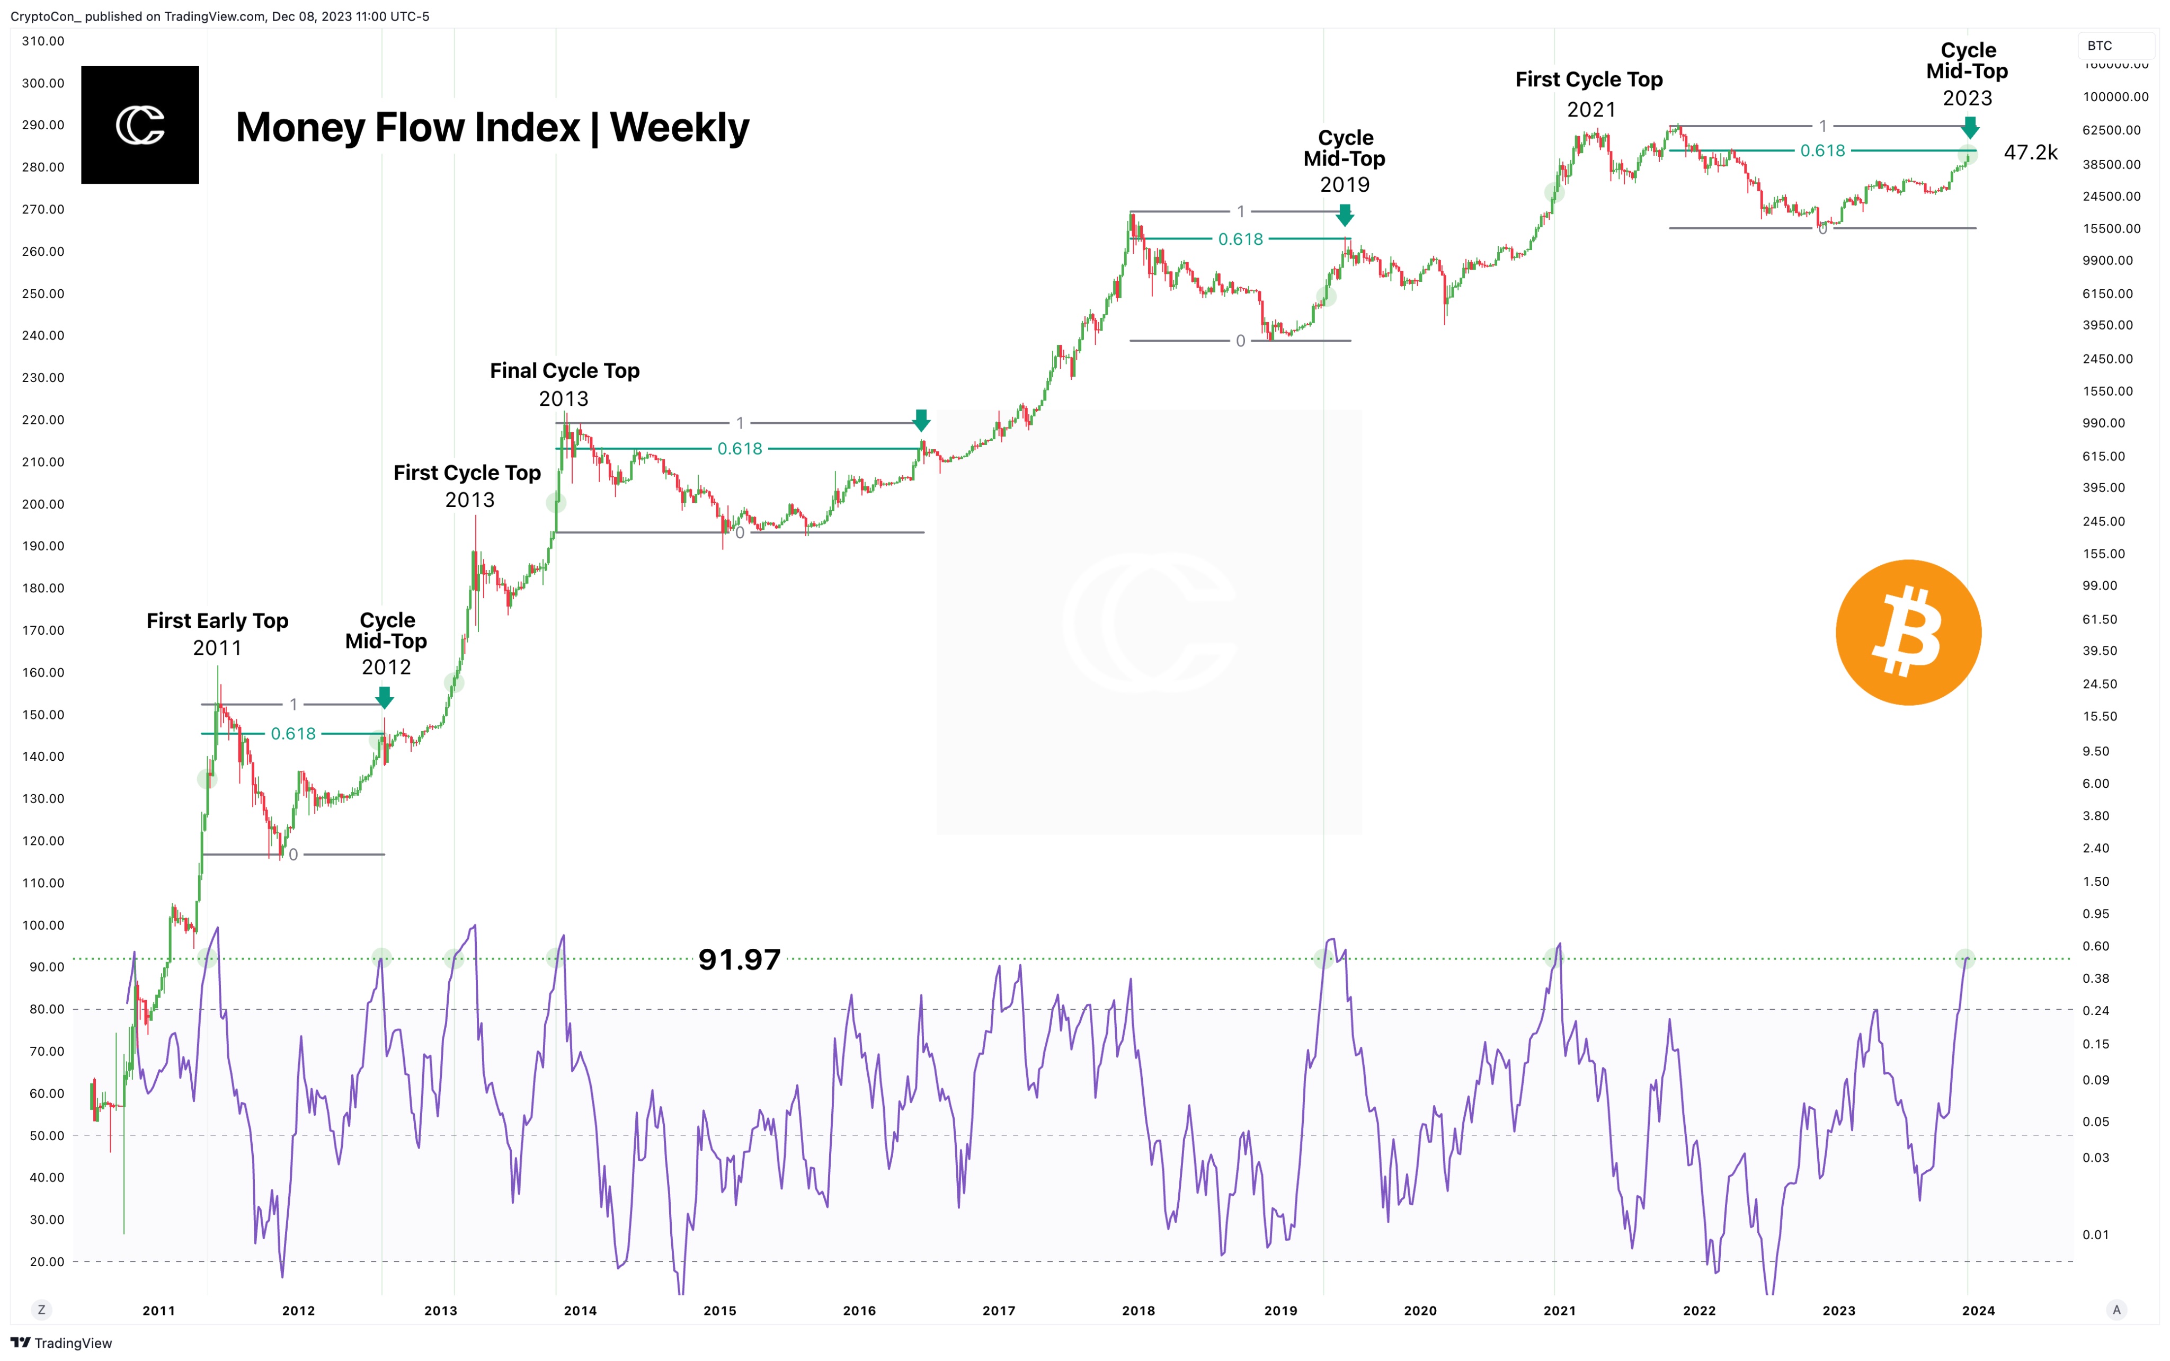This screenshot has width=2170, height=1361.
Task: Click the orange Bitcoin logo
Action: click(1908, 632)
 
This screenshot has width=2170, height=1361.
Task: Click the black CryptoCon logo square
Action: click(139, 125)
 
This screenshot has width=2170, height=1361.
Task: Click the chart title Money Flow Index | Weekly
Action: click(492, 128)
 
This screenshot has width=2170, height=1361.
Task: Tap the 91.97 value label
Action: click(739, 959)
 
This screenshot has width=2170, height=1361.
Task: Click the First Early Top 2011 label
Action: click(217, 634)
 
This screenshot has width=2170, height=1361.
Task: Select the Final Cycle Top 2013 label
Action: click(564, 384)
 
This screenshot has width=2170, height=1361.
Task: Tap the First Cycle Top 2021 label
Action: click(1589, 94)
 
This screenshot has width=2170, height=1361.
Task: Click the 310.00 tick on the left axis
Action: click(43, 41)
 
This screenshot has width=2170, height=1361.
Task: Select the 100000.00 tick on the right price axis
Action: click(2115, 96)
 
